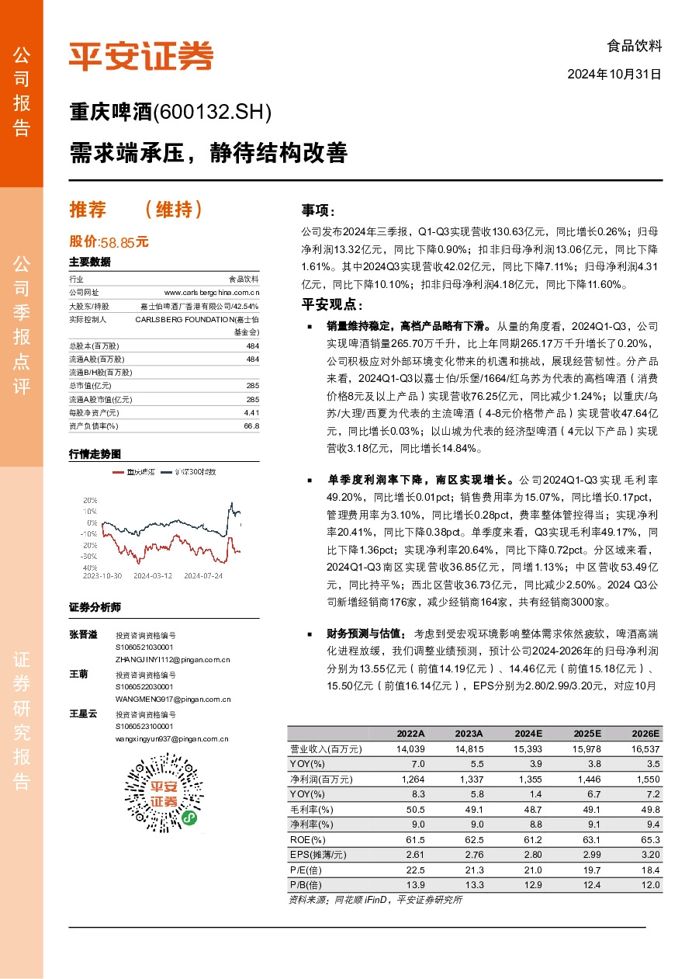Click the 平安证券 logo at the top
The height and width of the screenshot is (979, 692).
click(140, 55)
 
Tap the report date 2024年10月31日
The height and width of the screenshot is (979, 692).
click(614, 75)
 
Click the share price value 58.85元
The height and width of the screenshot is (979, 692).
click(124, 241)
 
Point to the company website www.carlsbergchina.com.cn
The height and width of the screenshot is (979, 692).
click(211, 292)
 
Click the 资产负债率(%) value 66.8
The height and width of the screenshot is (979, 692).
click(251, 426)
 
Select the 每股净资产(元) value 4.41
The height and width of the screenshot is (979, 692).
click(251, 413)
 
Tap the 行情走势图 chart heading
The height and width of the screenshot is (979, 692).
click(95, 453)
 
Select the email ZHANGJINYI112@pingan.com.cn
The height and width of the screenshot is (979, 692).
click(172, 659)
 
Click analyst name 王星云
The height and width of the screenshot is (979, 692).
click(83, 713)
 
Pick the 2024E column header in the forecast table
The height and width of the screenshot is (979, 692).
click(528, 734)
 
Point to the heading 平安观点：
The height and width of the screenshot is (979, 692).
click(331, 304)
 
